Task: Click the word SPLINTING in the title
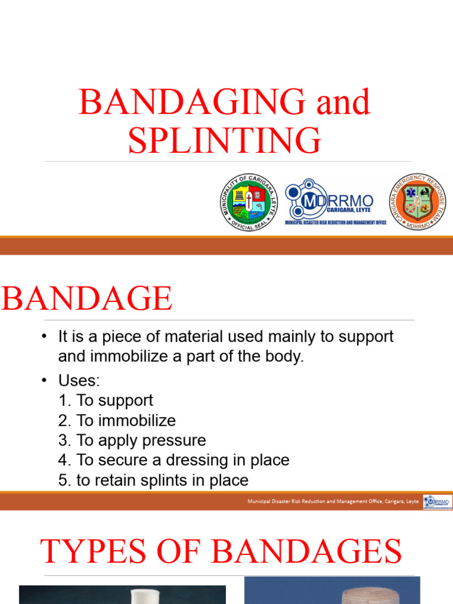click(225, 140)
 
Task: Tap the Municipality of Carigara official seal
click(250, 202)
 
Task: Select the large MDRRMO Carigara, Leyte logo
click(335, 202)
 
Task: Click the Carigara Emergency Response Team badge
click(418, 202)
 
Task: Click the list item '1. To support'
click(106, 401)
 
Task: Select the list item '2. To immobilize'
click(117, 421)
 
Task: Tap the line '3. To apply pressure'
click(132, 441)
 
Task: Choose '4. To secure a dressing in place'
click(173, 460)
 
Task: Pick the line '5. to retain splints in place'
click(153, 480)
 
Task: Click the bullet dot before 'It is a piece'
click(44, 337)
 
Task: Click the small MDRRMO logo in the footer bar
click(437, 501)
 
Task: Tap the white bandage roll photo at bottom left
click(122, 595)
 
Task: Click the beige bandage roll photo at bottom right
click(332, 590)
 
